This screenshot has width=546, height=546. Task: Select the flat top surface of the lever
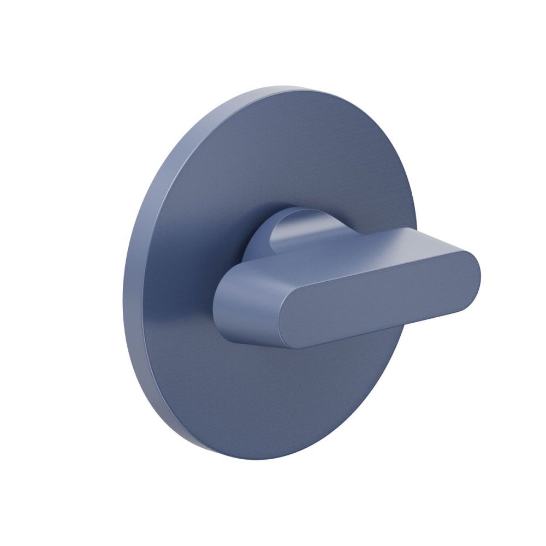coord(349,248)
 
